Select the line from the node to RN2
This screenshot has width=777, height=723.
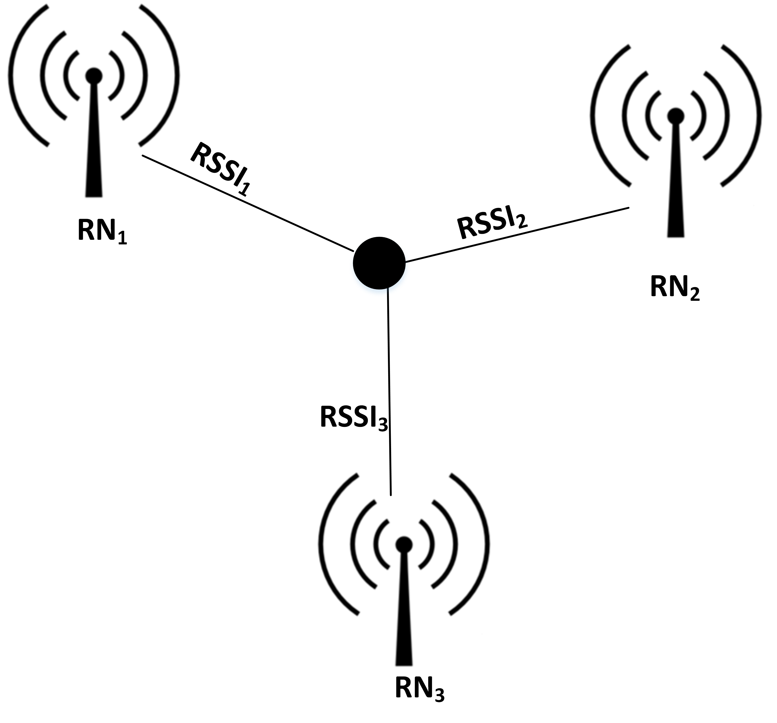pos(516,234)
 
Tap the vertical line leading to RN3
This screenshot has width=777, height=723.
pos(389,391)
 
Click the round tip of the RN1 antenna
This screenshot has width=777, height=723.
pos(94,76)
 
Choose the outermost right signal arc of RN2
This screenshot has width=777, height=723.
pos(758,115)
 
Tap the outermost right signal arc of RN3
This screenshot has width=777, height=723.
pos(486,544)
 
